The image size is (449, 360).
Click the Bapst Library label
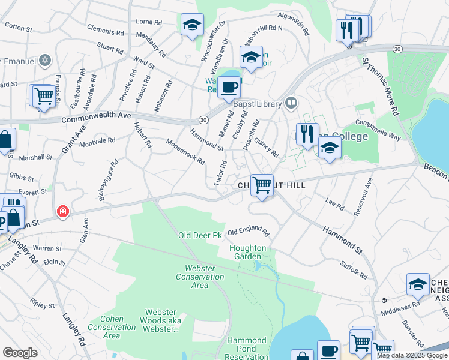[x=258, y=103]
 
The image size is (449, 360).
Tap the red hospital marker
[x=62, y=212]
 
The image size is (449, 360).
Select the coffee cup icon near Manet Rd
[x=228, y=88]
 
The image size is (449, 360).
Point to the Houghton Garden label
[x=246, y=252]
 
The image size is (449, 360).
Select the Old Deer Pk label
[x=200, y=235]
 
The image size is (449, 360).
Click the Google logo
[x=20, y=353]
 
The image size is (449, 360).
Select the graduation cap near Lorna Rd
[x=191, y=25]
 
